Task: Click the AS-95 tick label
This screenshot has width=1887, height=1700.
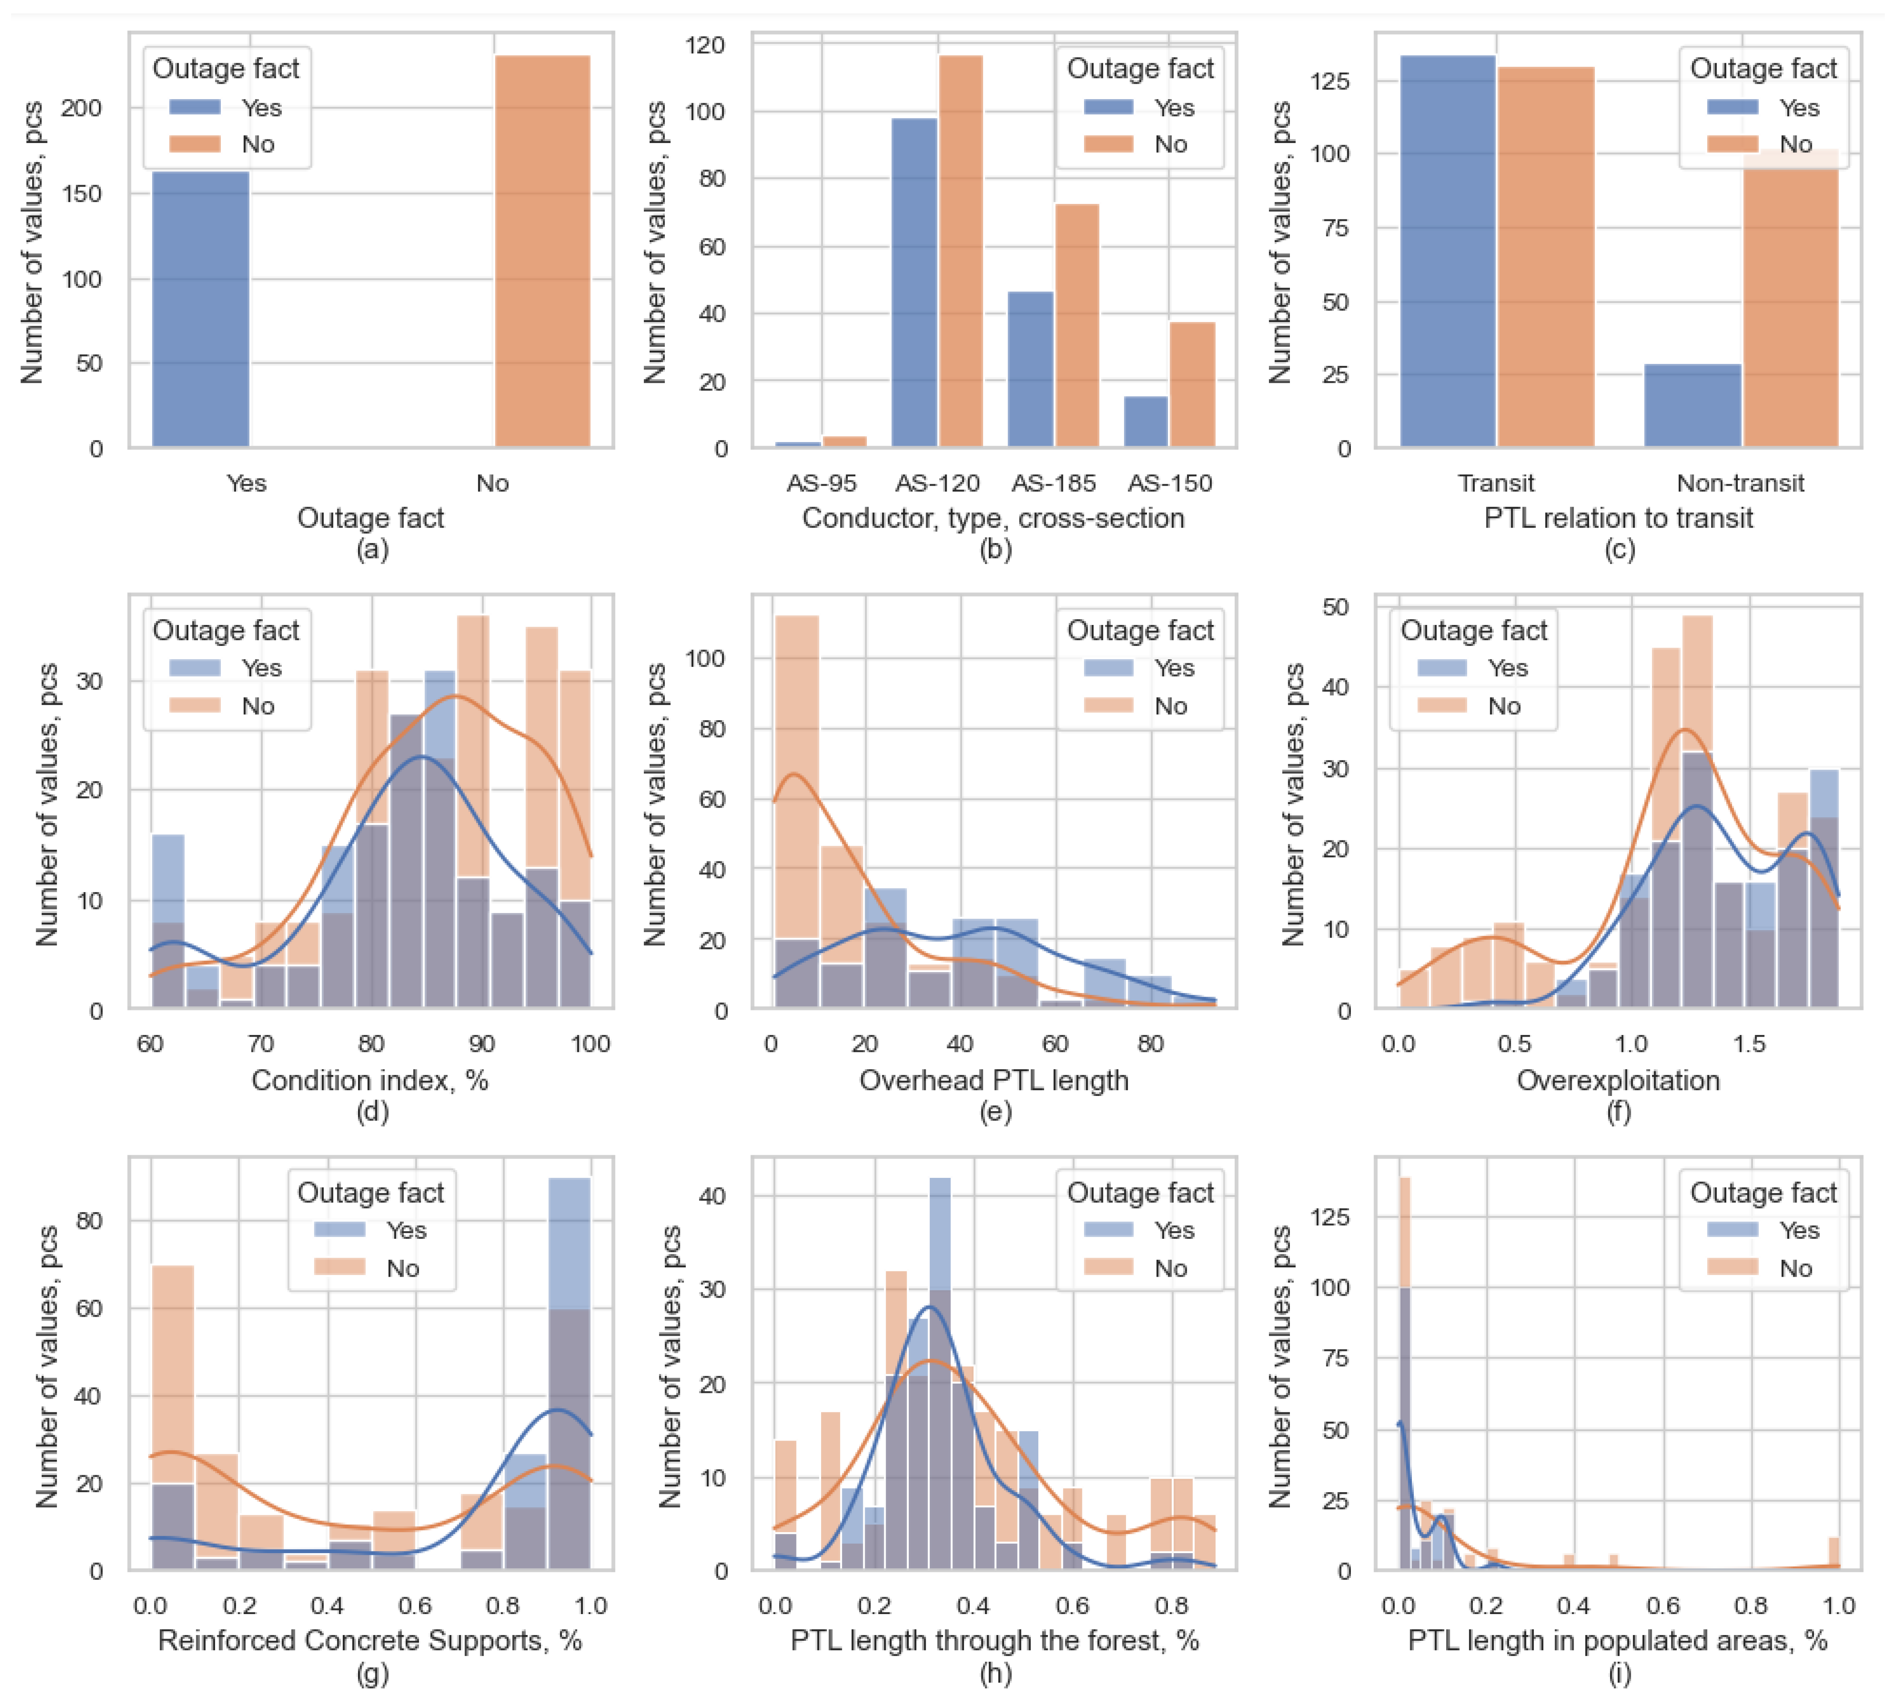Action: pos(821,483)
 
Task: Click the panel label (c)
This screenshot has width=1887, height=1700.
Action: pos(1619,549)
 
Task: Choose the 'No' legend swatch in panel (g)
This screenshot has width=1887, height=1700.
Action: pos(339,1267)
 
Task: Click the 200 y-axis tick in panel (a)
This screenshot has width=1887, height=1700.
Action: pos(82,108)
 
